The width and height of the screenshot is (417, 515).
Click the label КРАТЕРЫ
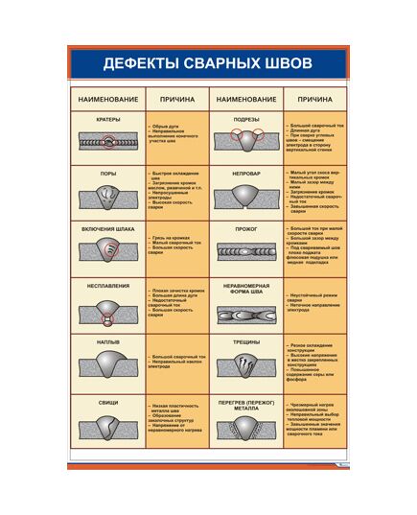pos(108,119)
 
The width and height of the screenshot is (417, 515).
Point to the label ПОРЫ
pos(108,174)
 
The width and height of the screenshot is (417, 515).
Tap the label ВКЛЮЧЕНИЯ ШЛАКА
pos(108,229)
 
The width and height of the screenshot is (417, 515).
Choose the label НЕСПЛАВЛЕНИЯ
pos(108,285)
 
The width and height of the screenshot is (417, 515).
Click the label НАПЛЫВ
pos(108,340)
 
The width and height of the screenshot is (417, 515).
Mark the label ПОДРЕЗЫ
pos(246,119)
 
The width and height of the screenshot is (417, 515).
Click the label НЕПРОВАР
pos(246,174)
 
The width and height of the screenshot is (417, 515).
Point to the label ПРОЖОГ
pos(246,229)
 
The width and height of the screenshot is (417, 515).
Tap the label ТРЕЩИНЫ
pos(246,340)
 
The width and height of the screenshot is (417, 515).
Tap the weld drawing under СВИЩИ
pos(108,428)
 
